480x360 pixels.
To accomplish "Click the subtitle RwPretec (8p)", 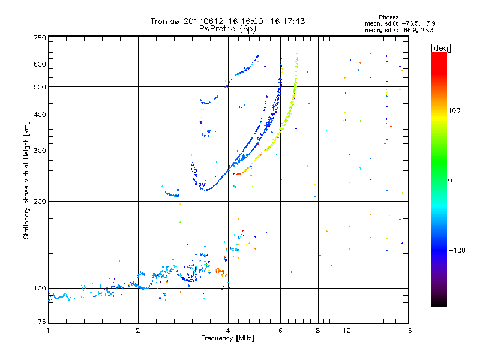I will pos(228,28).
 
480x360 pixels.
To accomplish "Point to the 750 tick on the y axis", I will pos(40,38).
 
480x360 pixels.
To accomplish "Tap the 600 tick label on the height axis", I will pos(40,64).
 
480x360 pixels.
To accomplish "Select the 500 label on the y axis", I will pos(40,87).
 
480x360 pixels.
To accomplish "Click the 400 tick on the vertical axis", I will pos(40,115).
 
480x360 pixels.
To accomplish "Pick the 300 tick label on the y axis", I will pos(40,151).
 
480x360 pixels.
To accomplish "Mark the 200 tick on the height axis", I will pos(40,201).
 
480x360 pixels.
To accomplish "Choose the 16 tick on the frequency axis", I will pos(407,331).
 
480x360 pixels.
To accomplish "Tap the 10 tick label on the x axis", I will pos(346,331).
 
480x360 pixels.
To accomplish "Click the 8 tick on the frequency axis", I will pos(318,331).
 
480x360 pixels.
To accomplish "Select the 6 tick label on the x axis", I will pos(280,331).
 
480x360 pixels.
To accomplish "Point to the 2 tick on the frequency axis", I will pos(138,331).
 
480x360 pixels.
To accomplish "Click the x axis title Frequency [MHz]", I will pos(228,339).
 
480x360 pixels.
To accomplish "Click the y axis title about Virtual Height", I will pos(26,180).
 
